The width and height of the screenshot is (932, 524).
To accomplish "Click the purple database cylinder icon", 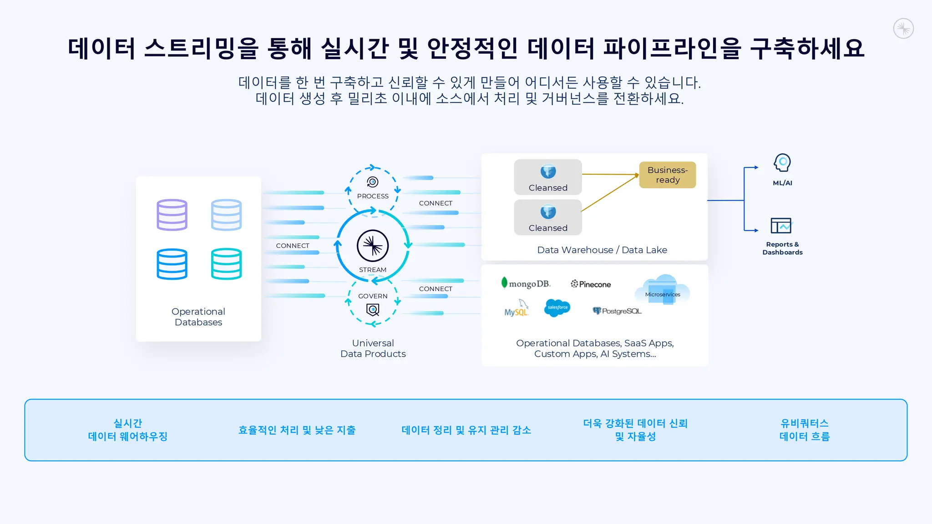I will pos(172,215).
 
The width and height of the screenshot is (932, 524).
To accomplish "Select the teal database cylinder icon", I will pos(226,264).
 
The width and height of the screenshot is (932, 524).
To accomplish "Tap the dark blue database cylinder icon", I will pos(172,264).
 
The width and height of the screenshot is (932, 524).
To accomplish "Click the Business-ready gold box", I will pos(668,175).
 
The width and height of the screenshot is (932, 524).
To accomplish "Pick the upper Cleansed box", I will pos(548,177).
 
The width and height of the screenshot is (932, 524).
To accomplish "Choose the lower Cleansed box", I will pos(548,217).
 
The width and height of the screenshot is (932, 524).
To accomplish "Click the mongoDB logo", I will pos(526,284).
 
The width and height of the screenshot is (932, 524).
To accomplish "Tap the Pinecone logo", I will pos(591,284).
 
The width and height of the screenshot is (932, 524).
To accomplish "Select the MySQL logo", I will pos(517,309).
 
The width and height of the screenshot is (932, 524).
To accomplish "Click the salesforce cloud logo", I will pos(557,308).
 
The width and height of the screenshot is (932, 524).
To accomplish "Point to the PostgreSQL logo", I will pos(617,311).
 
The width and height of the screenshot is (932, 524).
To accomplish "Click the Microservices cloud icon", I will pos(663,290).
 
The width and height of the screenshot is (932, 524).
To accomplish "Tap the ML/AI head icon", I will pos(782,163).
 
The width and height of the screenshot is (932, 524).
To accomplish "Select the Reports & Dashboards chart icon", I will pos(781,226).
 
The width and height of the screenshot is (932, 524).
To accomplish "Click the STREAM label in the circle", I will pos(373,270).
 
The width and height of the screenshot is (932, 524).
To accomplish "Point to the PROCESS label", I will pos(373,196).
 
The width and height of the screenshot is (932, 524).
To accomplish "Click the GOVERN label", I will pos(373,296).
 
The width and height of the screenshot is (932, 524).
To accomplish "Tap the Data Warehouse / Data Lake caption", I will pos(602,250).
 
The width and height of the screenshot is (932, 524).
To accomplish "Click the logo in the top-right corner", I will pos(903,29).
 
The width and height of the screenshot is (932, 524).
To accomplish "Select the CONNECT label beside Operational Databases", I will pos(293,246).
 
